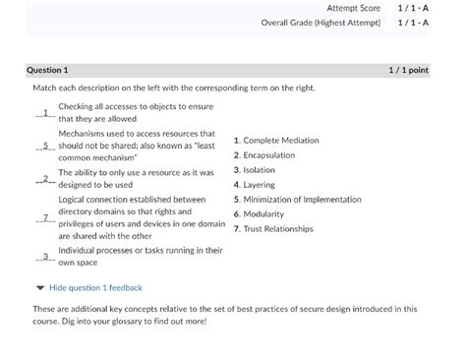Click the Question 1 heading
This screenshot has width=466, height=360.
coord(47,71)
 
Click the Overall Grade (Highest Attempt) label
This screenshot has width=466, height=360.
coord(320,23)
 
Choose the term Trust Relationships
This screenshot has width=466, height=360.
coord(277,228)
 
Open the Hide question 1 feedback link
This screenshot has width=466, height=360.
coord(95,288)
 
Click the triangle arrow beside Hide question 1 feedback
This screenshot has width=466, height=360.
coord(39,288)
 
